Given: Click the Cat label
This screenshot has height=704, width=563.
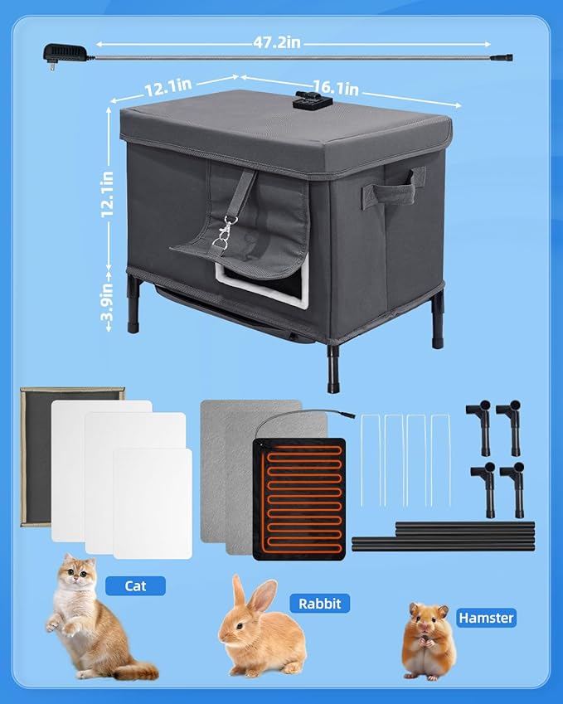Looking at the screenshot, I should tap(135, 586).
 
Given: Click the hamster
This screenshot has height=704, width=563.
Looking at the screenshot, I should tap(429, 643).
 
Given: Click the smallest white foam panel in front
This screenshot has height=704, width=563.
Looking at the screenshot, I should tap(152, 503).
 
